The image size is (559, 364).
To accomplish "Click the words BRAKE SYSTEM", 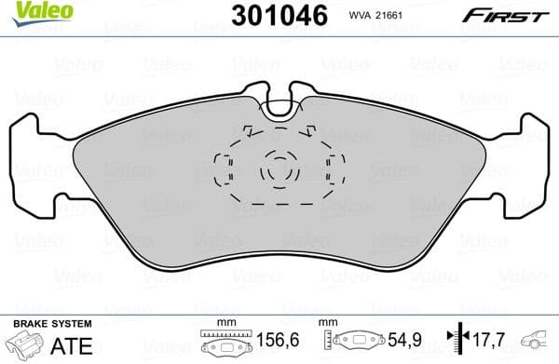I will pyautogui.click(x=50, y=322).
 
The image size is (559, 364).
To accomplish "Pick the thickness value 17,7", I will pyautogui.click(x=483, y=343).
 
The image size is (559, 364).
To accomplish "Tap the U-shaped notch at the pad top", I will pyautogui.click(x=278, y=105).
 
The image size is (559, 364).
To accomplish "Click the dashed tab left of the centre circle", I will pyautogui.click(x=223, y=169).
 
